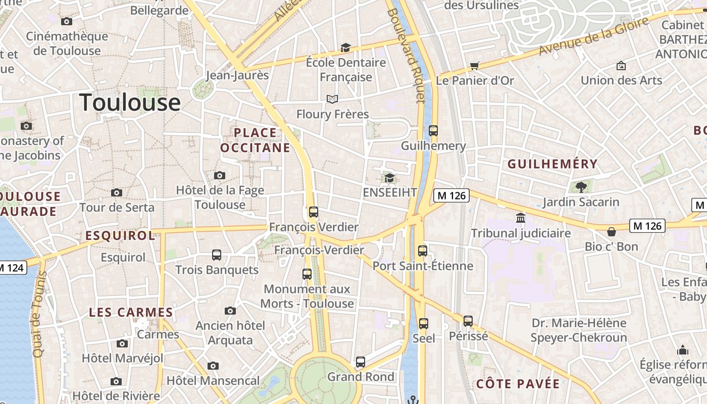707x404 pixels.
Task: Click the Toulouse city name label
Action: pyautogui.click(x=130, y=103)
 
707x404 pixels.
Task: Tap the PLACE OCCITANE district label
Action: pyautogui.click(x=255, y=140)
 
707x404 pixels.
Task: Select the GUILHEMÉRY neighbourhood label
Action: pyautogui.click(x=552, y=164)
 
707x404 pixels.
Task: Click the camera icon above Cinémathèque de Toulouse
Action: pyautogui.click(x=66, y=21)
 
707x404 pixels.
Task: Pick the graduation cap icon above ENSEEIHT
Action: pyautogui.click(x=389, y=178)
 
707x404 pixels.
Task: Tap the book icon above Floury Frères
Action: pyautogui.click(x=332, y=99)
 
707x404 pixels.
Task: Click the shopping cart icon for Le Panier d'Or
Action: pyautogui.click(x=474, y=66)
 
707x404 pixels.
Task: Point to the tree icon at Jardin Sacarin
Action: pyautogui.click(x=581, y=187)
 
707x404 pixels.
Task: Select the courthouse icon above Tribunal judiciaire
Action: pyautogui.click(x=521, y=218)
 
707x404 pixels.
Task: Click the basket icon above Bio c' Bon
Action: pyautogui.click(x=611, y=232)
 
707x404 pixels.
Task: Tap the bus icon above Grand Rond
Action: pyautogui.click(x=360, y=362)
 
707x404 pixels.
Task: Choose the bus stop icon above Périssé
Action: pyautogui.click(x=468, y=321)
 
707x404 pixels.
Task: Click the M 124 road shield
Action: pyautogui.click(x=12, y=268)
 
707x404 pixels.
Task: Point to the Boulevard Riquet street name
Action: pyautogui.click(x=407, y=56)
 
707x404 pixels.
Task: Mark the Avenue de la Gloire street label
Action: pyautogui.click(x=593, y=36)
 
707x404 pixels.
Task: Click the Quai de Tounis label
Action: pyautogui.click(x=39, y=314)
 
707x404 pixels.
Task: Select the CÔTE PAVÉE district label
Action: pyautogui.click(x=518, y=384)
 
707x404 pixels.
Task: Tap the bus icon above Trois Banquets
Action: pyautogui.click(x=217, y=255)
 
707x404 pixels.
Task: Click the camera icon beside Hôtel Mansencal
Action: pyautogui.click(x=213, y=366)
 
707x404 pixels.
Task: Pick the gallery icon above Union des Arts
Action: pyautogui.click(x=621, y=66)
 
